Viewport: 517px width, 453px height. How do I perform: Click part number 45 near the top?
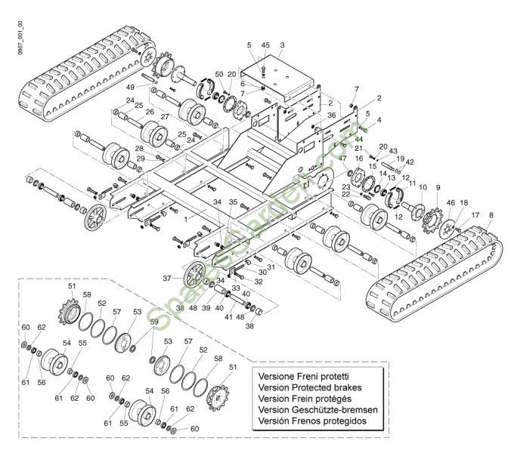(265, 46)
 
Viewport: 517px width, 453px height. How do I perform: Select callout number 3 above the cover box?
(281, 46)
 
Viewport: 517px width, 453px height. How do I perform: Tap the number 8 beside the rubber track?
(491, 216)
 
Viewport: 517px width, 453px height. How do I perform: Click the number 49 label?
(131, 88)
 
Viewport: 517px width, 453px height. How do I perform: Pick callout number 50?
(218, 74)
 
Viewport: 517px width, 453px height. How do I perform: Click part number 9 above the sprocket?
(437, 187)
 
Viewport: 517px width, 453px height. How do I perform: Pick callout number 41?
(227, 318)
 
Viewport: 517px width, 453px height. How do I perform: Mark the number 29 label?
(140, 158)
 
